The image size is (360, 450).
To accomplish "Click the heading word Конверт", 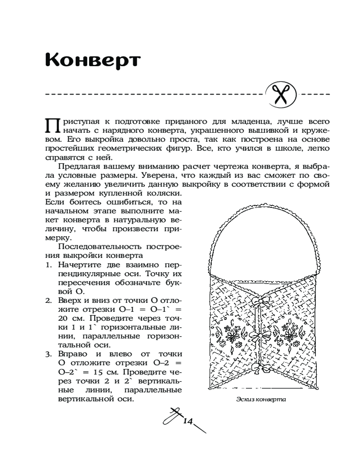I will click(93, 60).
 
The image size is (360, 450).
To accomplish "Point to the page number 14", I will click(188, 422).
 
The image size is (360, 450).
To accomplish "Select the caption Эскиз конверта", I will click(261, 399).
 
